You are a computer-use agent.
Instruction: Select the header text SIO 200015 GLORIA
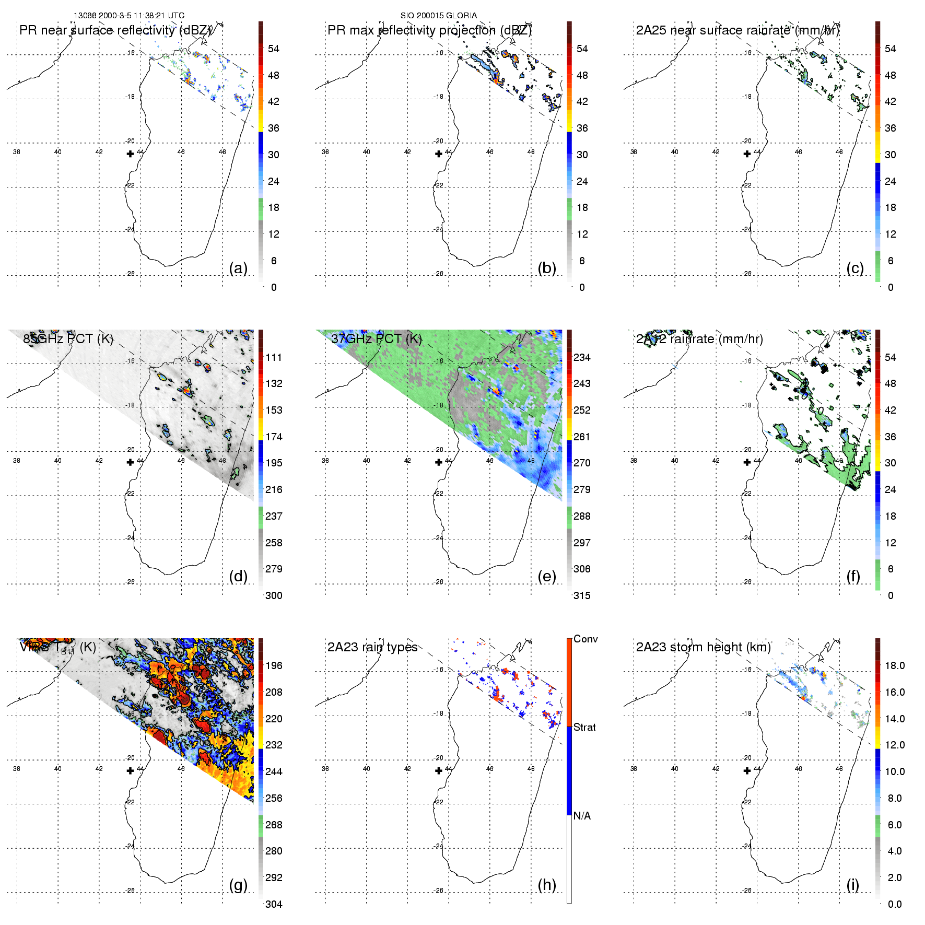(438, 16)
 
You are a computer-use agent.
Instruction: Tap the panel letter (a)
(238, 268)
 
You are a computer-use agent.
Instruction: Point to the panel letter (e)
(547, 577)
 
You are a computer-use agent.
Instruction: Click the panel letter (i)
(852, 885)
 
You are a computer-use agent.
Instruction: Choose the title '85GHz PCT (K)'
(68, 339)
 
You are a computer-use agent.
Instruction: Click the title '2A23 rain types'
(372, 647)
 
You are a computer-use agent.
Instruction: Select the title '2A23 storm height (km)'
(703, 647)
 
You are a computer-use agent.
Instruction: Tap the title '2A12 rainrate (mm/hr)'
(699, 339)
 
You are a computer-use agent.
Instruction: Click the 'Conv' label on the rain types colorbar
(586, 639)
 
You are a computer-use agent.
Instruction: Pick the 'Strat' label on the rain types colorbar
(584, 727)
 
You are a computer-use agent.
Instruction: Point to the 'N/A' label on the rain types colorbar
(582, 816)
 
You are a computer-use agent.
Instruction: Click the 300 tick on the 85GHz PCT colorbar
(274, 595)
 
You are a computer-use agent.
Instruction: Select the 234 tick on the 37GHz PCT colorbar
(582, 357)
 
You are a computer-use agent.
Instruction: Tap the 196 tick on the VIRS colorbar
(274, 665)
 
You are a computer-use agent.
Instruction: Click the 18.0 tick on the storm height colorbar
(895, 665)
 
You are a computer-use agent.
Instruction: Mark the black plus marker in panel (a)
(130, 154)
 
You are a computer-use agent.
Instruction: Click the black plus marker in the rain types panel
(439, 770)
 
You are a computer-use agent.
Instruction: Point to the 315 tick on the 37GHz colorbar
(582, 595)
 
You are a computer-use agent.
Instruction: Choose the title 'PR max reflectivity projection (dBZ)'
(429, 30)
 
